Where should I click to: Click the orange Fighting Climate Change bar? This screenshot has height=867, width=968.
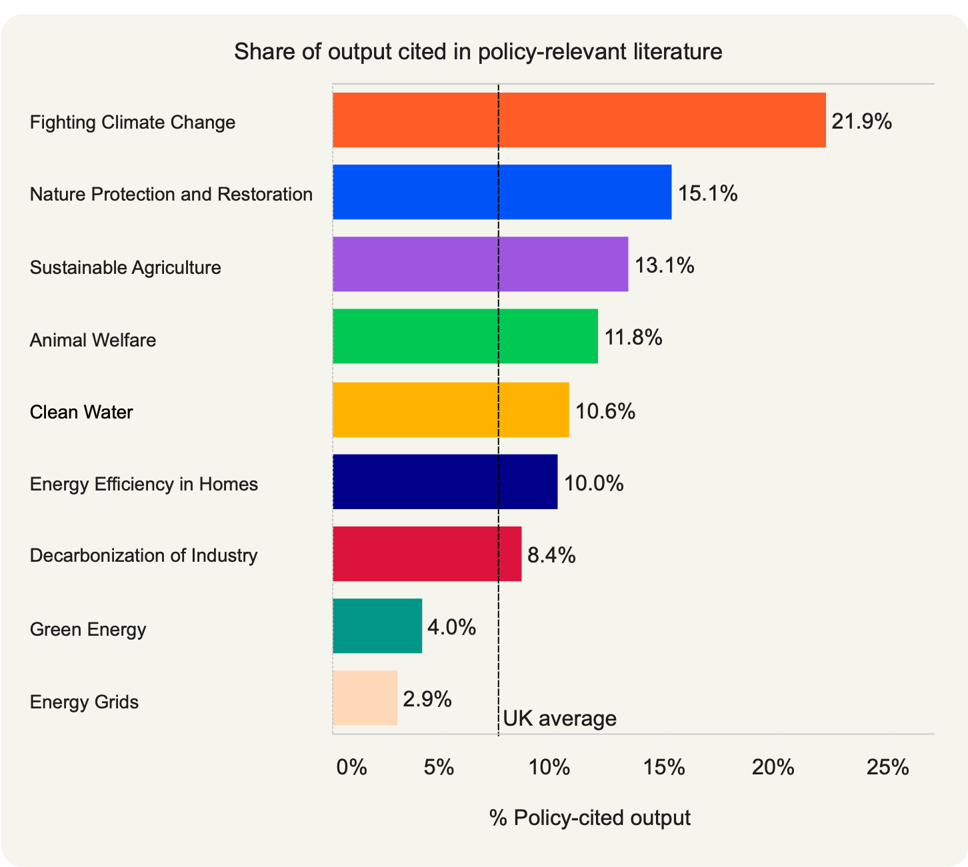579,120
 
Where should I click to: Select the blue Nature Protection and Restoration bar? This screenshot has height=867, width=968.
501,192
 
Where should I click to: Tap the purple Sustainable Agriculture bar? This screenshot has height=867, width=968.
480,264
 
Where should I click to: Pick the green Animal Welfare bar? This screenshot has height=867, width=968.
465,336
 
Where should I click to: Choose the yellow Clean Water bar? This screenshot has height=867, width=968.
451,409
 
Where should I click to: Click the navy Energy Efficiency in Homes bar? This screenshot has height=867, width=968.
445,481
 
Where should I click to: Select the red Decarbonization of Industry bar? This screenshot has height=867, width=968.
427,553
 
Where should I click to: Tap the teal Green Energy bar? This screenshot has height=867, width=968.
377,626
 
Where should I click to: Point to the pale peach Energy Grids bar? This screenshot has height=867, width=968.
365,698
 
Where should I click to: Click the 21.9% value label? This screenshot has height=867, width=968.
861,121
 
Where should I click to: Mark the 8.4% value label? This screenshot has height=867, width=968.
551,554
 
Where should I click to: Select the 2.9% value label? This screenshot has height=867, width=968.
427,699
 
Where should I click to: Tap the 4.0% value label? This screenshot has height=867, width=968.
451,627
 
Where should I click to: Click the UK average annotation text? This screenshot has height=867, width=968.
559,718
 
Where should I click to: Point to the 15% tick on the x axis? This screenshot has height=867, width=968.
665,768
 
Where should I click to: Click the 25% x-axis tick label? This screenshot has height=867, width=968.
887,768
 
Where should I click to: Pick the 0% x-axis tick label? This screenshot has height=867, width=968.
351,768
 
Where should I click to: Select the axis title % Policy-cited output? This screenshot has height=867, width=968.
589,818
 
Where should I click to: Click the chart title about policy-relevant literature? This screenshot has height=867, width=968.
478,51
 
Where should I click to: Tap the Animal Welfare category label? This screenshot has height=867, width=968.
93,340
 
